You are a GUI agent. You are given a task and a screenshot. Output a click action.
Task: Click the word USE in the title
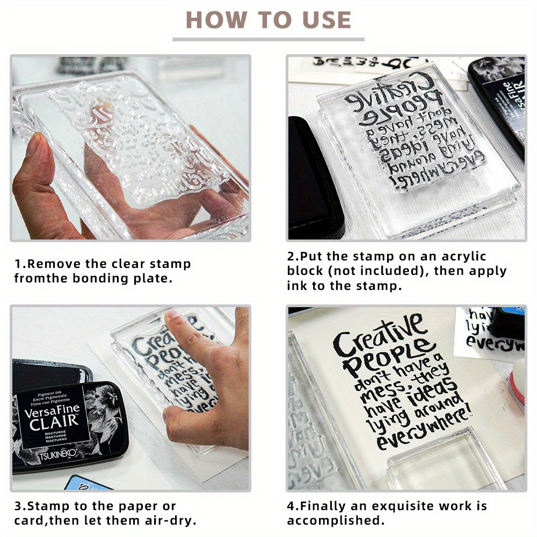321,20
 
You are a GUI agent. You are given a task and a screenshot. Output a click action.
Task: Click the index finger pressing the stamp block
185,330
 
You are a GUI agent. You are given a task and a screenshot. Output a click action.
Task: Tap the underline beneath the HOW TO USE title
268,39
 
